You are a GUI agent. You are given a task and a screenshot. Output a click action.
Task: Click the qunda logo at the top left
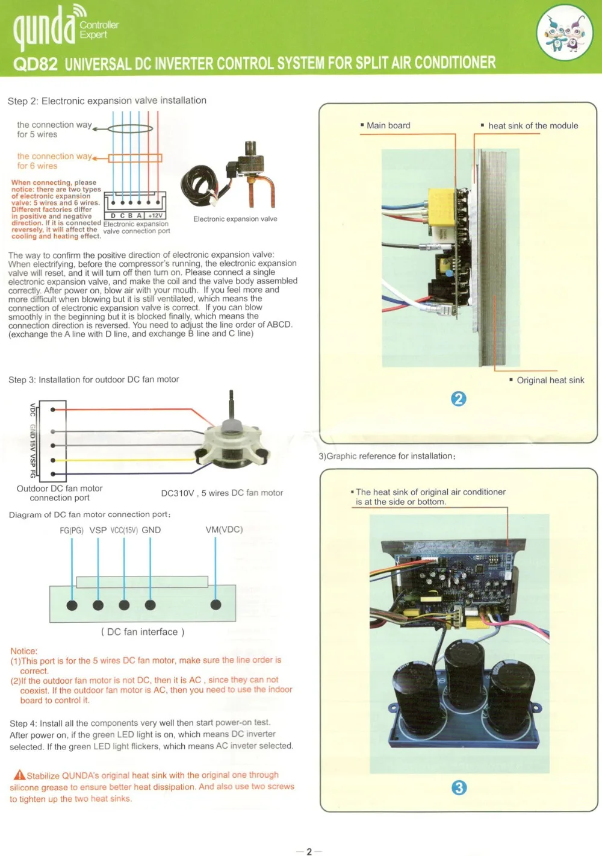(45, 27)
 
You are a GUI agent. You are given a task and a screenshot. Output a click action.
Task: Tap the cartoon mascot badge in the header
(565, 33)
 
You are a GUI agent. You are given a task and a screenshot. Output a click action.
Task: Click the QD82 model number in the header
(35, 64)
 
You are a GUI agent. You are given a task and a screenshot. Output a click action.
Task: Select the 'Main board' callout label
(388, 125)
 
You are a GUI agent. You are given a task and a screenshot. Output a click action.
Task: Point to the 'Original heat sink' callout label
(550, 380)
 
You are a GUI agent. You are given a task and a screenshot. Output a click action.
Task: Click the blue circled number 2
(458, 399)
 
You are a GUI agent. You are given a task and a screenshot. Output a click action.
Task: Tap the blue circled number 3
(459, 787)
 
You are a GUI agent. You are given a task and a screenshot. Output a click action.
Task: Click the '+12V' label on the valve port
(155, 216)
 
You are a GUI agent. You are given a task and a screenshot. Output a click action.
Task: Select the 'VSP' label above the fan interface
(98, 530)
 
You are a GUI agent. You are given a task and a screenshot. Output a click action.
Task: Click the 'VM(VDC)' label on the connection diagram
(224, 530)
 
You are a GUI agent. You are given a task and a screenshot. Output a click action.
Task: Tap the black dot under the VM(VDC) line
(216, 605)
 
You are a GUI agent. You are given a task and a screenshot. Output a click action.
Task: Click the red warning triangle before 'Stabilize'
(19, 775)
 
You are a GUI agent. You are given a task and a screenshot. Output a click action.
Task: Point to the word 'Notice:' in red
(23, 651)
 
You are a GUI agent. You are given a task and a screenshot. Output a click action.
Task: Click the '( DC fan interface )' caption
(143, 632)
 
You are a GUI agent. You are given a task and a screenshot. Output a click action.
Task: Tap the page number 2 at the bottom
(309, 851)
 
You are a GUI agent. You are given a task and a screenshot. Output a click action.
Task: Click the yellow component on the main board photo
(442, 205)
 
